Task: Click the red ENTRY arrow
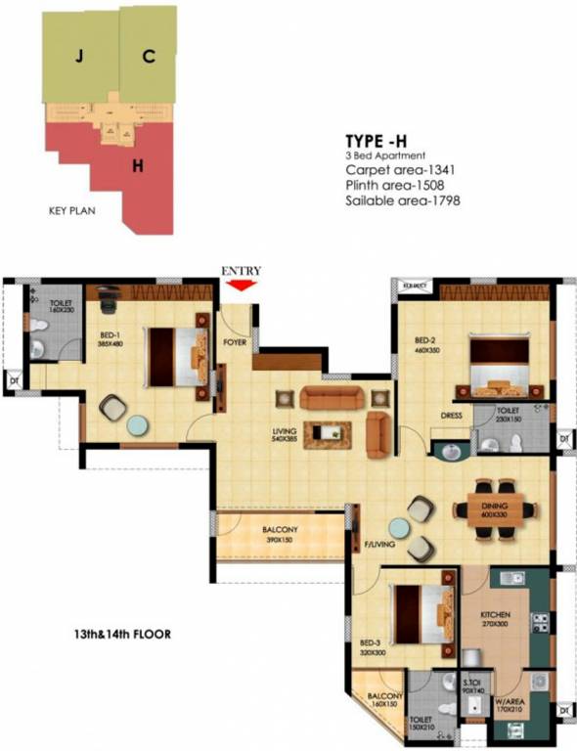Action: pyautogui.click(x=241, y=285)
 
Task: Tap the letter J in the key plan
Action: pyautogui.click(x=77, y=57)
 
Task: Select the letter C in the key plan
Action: pyautogui.click(x=148, y=57)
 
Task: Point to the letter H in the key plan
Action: pyautogui.click(x=139, y=165)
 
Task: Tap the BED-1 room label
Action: pyautogui.click(x=110, y=333)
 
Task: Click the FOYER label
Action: pyautogui.click(x=235, y=342)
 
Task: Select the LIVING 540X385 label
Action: pyautogui.click(x=286, y=435)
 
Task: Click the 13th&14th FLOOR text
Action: pyautogui.click(x=126, y=634)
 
